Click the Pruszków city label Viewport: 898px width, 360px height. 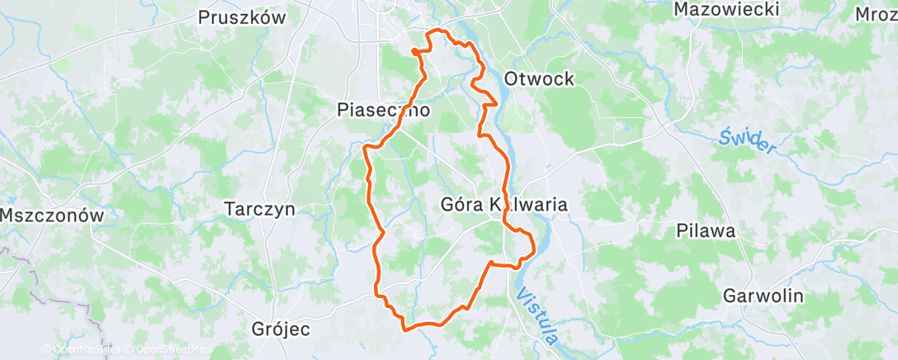pyautogui.click(x=243, y=17)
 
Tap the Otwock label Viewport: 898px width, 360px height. pyautogui.click(x=538, y=79)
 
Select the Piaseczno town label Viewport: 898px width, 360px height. pyautogui.click(x=384, y=109)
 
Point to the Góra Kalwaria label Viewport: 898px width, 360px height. pyautogui.click(x=504, y=204)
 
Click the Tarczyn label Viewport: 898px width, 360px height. pyautogui.click(x=259, y=210)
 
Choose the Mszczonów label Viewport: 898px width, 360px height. pyautogui.click(x=51, y=216)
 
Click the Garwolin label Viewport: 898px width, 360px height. pyautogui.click(x=752, y=296)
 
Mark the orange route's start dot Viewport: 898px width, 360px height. pyautogui.click(x=414, y=51)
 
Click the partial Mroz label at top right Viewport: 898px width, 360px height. pyautogui.click(x=876, y=14)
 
